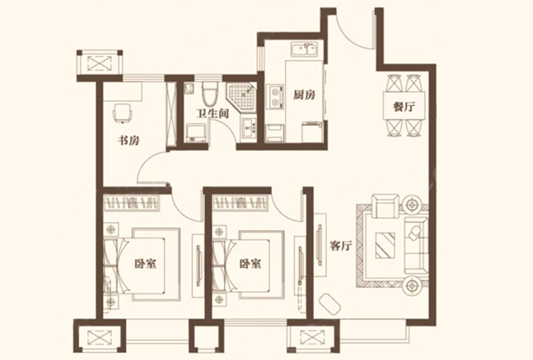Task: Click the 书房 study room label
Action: pos(129,140)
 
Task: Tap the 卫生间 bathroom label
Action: pos(212,113)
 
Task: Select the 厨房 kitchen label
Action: pos(304,95)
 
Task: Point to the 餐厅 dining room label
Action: pos(404,107)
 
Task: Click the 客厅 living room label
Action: pos(341,246)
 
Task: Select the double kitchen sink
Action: pos(304,49)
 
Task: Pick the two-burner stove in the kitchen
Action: pos(275,97)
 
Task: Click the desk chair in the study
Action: pos(121,113)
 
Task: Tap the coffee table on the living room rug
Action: pos(385,246)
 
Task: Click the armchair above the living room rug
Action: pos(385,206)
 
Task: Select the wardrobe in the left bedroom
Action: pos(132,203)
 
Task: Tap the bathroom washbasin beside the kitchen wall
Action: pos(250,128)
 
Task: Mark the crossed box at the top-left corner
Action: pos(99,63)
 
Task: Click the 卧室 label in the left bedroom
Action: pos(145,263)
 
